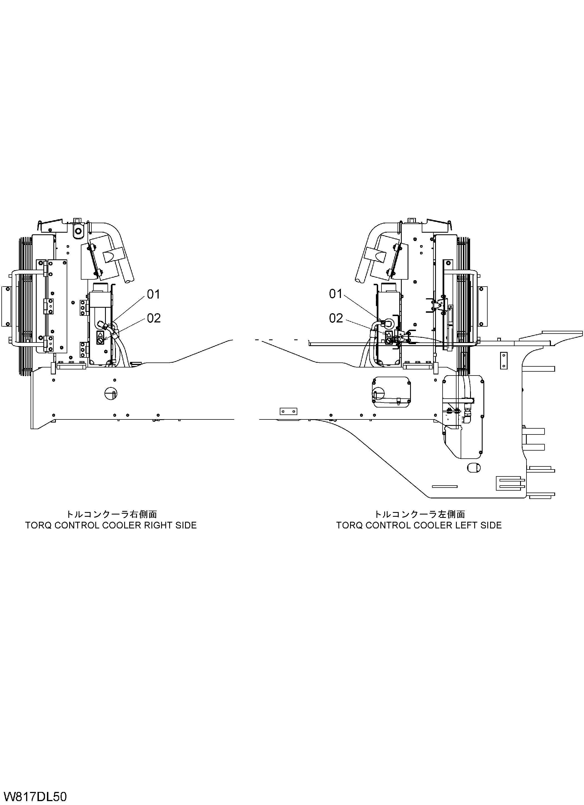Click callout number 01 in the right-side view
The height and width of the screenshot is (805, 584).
point(154,294)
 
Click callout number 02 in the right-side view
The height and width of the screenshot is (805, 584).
point(154,318)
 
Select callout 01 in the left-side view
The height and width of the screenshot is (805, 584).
point(336,294)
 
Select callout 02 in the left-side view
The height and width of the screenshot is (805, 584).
point(336,318)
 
